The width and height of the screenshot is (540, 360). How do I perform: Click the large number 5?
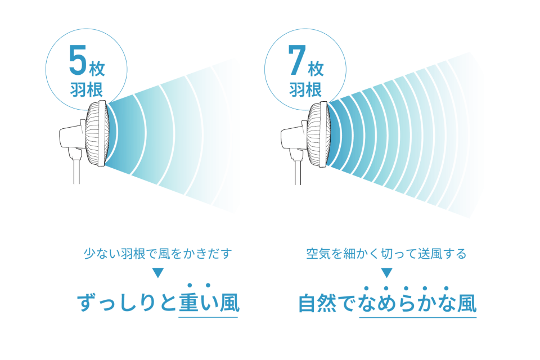78,60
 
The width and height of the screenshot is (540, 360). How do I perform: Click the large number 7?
297,60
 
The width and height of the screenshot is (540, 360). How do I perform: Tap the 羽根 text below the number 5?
87,89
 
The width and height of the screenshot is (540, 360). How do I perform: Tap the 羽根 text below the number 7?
305,89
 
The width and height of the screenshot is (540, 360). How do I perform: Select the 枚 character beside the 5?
97,69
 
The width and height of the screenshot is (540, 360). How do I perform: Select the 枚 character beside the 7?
316,69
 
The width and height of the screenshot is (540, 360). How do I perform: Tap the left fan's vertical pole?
76,171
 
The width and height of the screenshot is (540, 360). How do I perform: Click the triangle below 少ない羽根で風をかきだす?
157,272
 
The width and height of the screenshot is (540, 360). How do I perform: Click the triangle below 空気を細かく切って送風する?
386,272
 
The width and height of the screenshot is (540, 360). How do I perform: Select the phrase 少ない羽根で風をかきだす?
157,254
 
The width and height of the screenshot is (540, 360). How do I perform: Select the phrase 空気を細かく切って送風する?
386,254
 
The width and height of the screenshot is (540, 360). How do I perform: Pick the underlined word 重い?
198,303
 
